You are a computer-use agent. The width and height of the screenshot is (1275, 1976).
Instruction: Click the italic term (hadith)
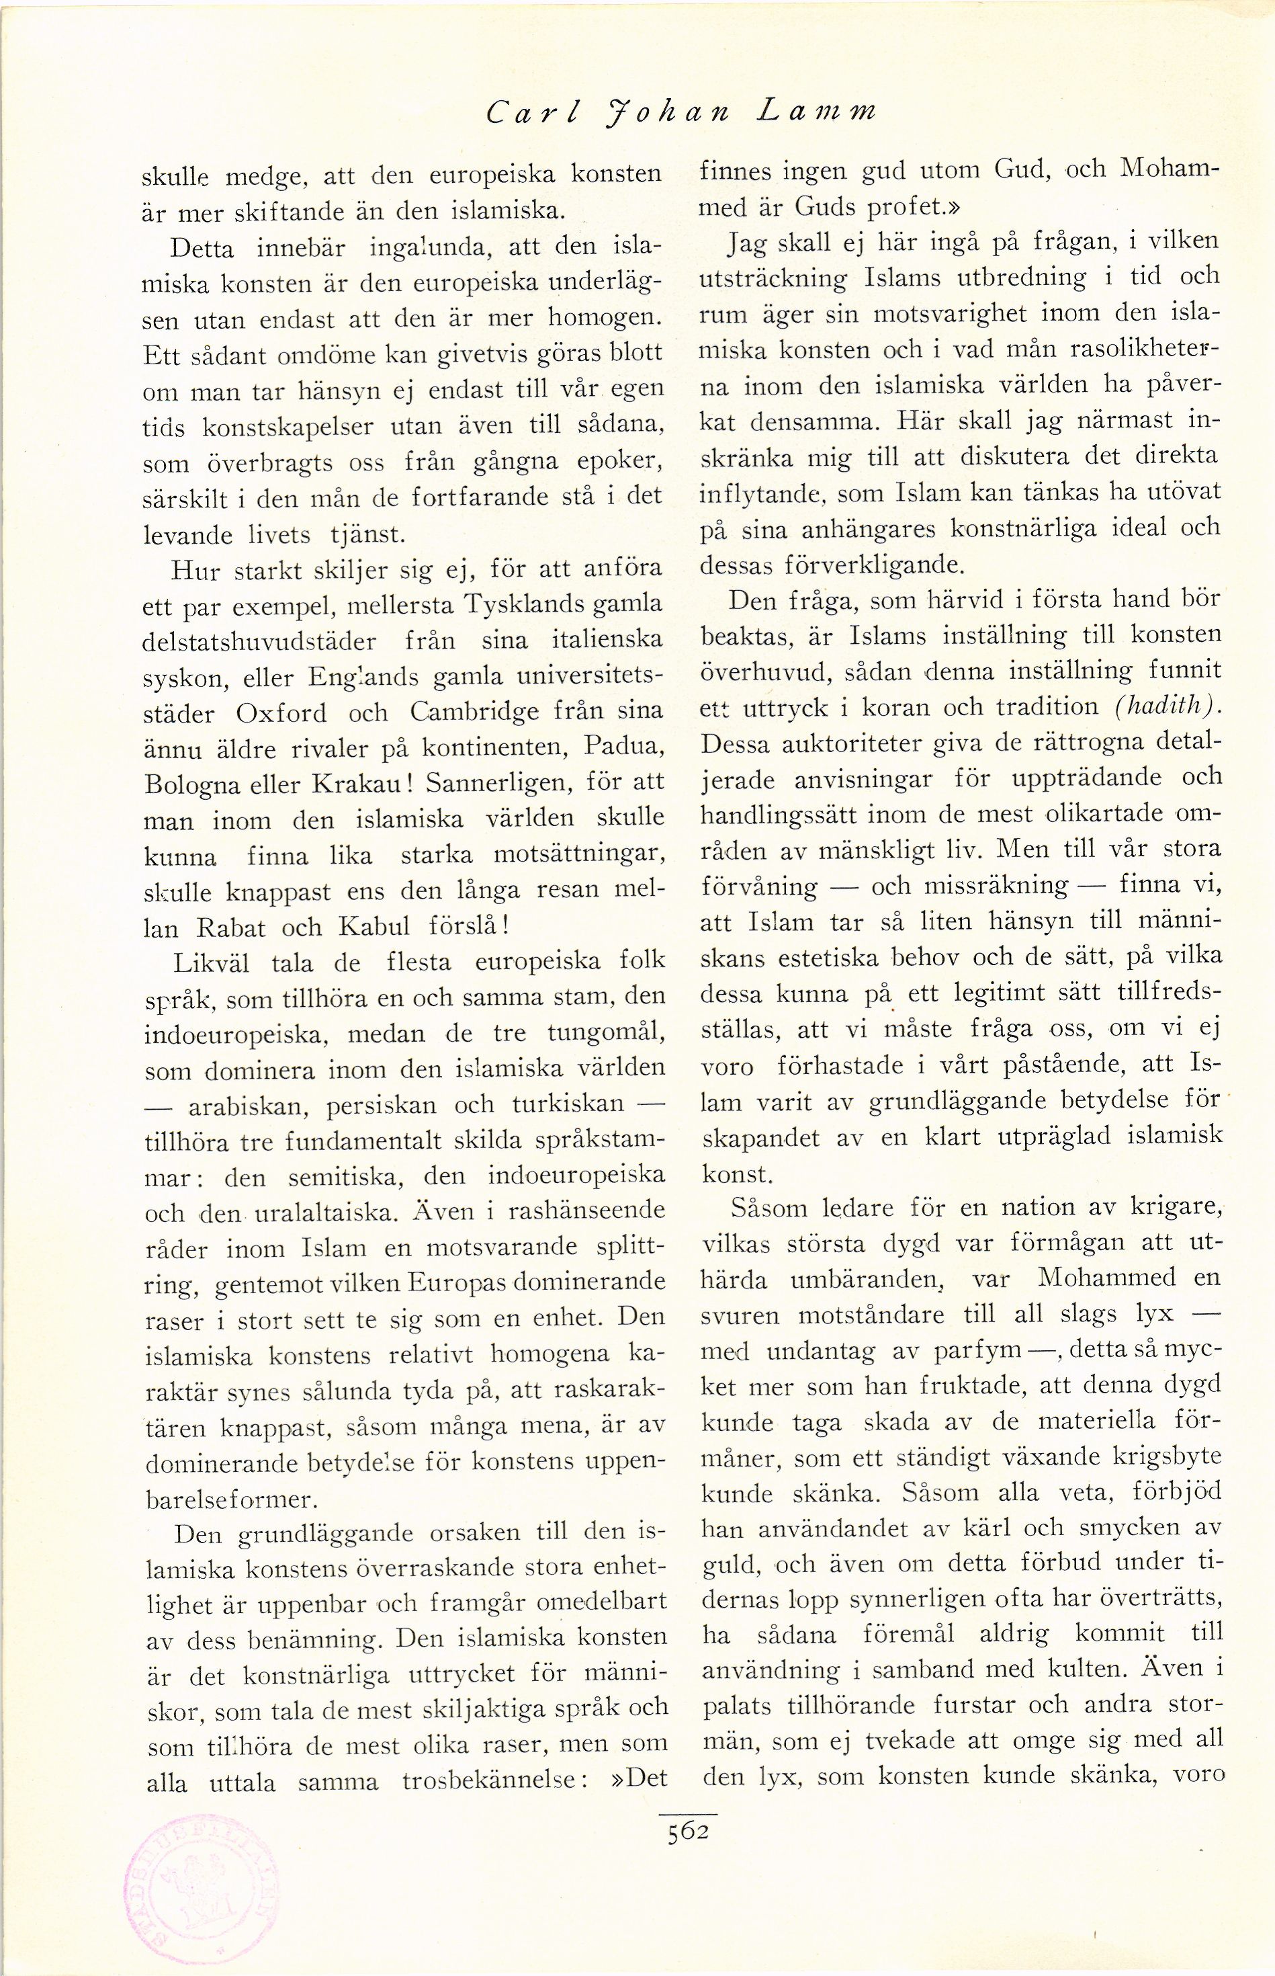click(x=1163, y=706)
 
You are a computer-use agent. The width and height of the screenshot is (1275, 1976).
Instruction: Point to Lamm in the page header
click(x=814, y=110)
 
